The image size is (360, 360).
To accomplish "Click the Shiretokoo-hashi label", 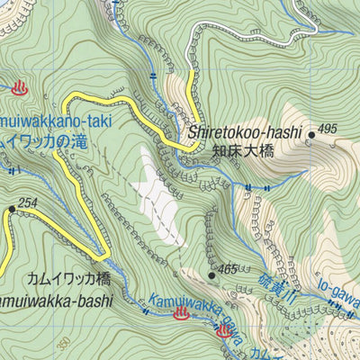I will [245, 133].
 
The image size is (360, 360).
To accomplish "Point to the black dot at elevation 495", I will [312, 135].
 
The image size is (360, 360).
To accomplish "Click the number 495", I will [328, 130].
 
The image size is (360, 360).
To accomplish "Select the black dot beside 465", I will [211, 274].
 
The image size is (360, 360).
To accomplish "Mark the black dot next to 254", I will [11, 210].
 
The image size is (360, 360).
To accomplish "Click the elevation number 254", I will [27, 203].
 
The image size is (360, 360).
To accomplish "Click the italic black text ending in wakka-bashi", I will [54, 299].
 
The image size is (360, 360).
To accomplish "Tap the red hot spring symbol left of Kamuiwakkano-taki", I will [20, 88].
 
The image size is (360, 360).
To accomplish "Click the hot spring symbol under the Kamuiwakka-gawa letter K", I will [180, 314].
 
